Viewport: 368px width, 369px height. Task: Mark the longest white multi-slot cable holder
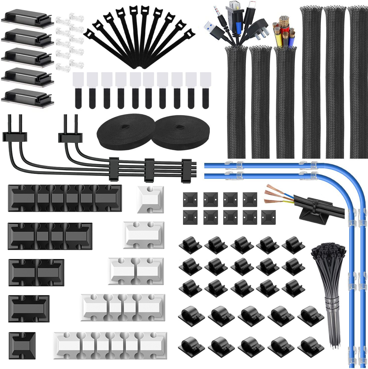[x=110, y=347]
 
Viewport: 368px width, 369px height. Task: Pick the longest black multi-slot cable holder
[x=65, y=198]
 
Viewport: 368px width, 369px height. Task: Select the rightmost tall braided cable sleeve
[x=357, y=83]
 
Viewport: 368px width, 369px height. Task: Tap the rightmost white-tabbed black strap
[x=206, y=90]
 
